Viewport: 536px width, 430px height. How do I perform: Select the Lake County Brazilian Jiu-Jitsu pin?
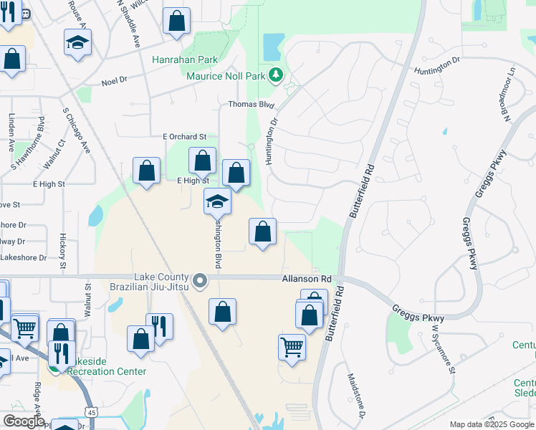coord(201,281)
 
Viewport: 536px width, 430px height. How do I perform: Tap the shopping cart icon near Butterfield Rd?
coord(292,347)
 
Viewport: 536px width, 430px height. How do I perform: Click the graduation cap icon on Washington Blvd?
coord(217,201)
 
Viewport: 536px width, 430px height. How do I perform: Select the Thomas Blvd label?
coord(252,104)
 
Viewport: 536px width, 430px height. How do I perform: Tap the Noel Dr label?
coord(114,82)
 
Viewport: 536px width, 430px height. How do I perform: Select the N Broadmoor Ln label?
coord(507,94)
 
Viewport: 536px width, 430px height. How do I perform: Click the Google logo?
coord(23,421)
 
